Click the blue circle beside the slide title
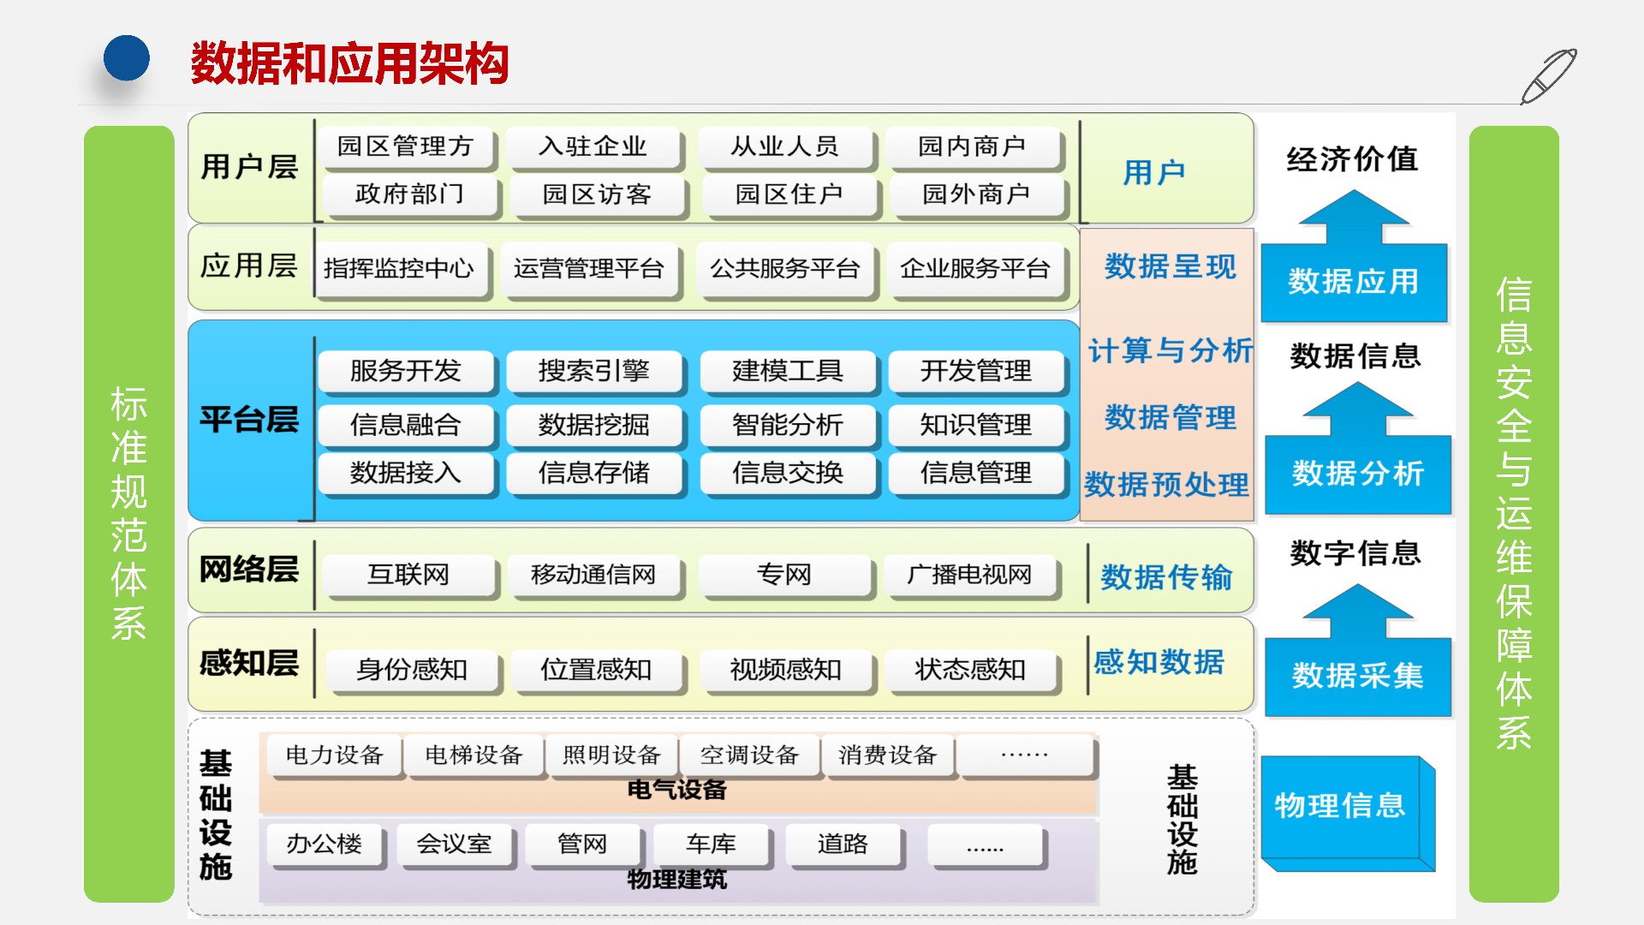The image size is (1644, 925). pyautogui.click(x=127, y=58)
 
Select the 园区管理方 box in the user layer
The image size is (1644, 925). pyautogui.click(x=405, y=146)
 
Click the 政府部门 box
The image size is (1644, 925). pyautogui.click(x=408, y=194)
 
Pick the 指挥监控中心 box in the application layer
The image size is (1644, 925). pyautogui.click(x=399, y=269)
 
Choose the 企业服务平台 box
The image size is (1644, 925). pyautogui.click(x=974, y=269)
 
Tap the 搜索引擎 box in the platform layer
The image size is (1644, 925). pyautogui.click(x=593, y=371)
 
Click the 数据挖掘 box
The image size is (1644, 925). pyautogui.click(x=593, y=425)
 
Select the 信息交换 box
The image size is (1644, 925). pyautogui.click(x=787, y=473)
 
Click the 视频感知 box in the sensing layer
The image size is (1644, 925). pyautogui.click(x=785, y=670)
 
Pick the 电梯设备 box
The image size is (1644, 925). pyautogui.click(x=474, y=755)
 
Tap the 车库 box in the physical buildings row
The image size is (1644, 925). pyautogui.click(x=711, y=844)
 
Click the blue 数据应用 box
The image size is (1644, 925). pyautogui.click(x=1354, y=282)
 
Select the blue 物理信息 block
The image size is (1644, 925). pyautogui.click(x=1341, y=806)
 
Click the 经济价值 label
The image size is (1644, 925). pyautogui.click(x=1352, y=159)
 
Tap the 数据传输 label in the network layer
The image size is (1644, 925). pyautogui.click(x=1166, y=577)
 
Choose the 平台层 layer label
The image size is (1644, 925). pyautogui.click(x=249, y=420)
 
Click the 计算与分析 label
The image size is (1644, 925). pyautogui.click(x=1170, y=350)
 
